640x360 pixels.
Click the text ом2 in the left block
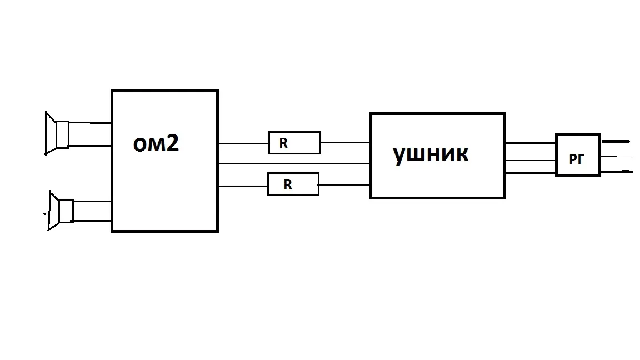pyautogui.click(x=156, y=144)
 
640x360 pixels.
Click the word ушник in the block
pyautogui.click(x=431, y=154)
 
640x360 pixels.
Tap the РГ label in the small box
pyautogui.click(x=577, y=159)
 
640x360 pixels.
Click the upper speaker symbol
pyautogui.click(x=56, y=133)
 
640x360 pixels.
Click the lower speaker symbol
pyautogui.click(x=60, y=211)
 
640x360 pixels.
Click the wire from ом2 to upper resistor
pyautogui.click(x=243, y=143)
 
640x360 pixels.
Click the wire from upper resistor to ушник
pyautogui.click(x=344, y=143)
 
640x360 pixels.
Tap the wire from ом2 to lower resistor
pyautogui.click(x=243, y=186)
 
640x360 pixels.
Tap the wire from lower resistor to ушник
pyautogui.click(x=344, y=185)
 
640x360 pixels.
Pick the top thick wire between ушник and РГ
pyautogui.click(x=530, y=143)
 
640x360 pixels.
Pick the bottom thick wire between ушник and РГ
pyautogui.click(x=530, y=173)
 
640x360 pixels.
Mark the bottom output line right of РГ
pyautogui.click(x=616, y=172)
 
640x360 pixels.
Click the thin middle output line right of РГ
pyautogui.click(x=616, y=156)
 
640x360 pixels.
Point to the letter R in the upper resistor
pyautogui.click(x=283, y=143)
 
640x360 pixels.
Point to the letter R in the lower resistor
pyautogui.click(x=287, y=185)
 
